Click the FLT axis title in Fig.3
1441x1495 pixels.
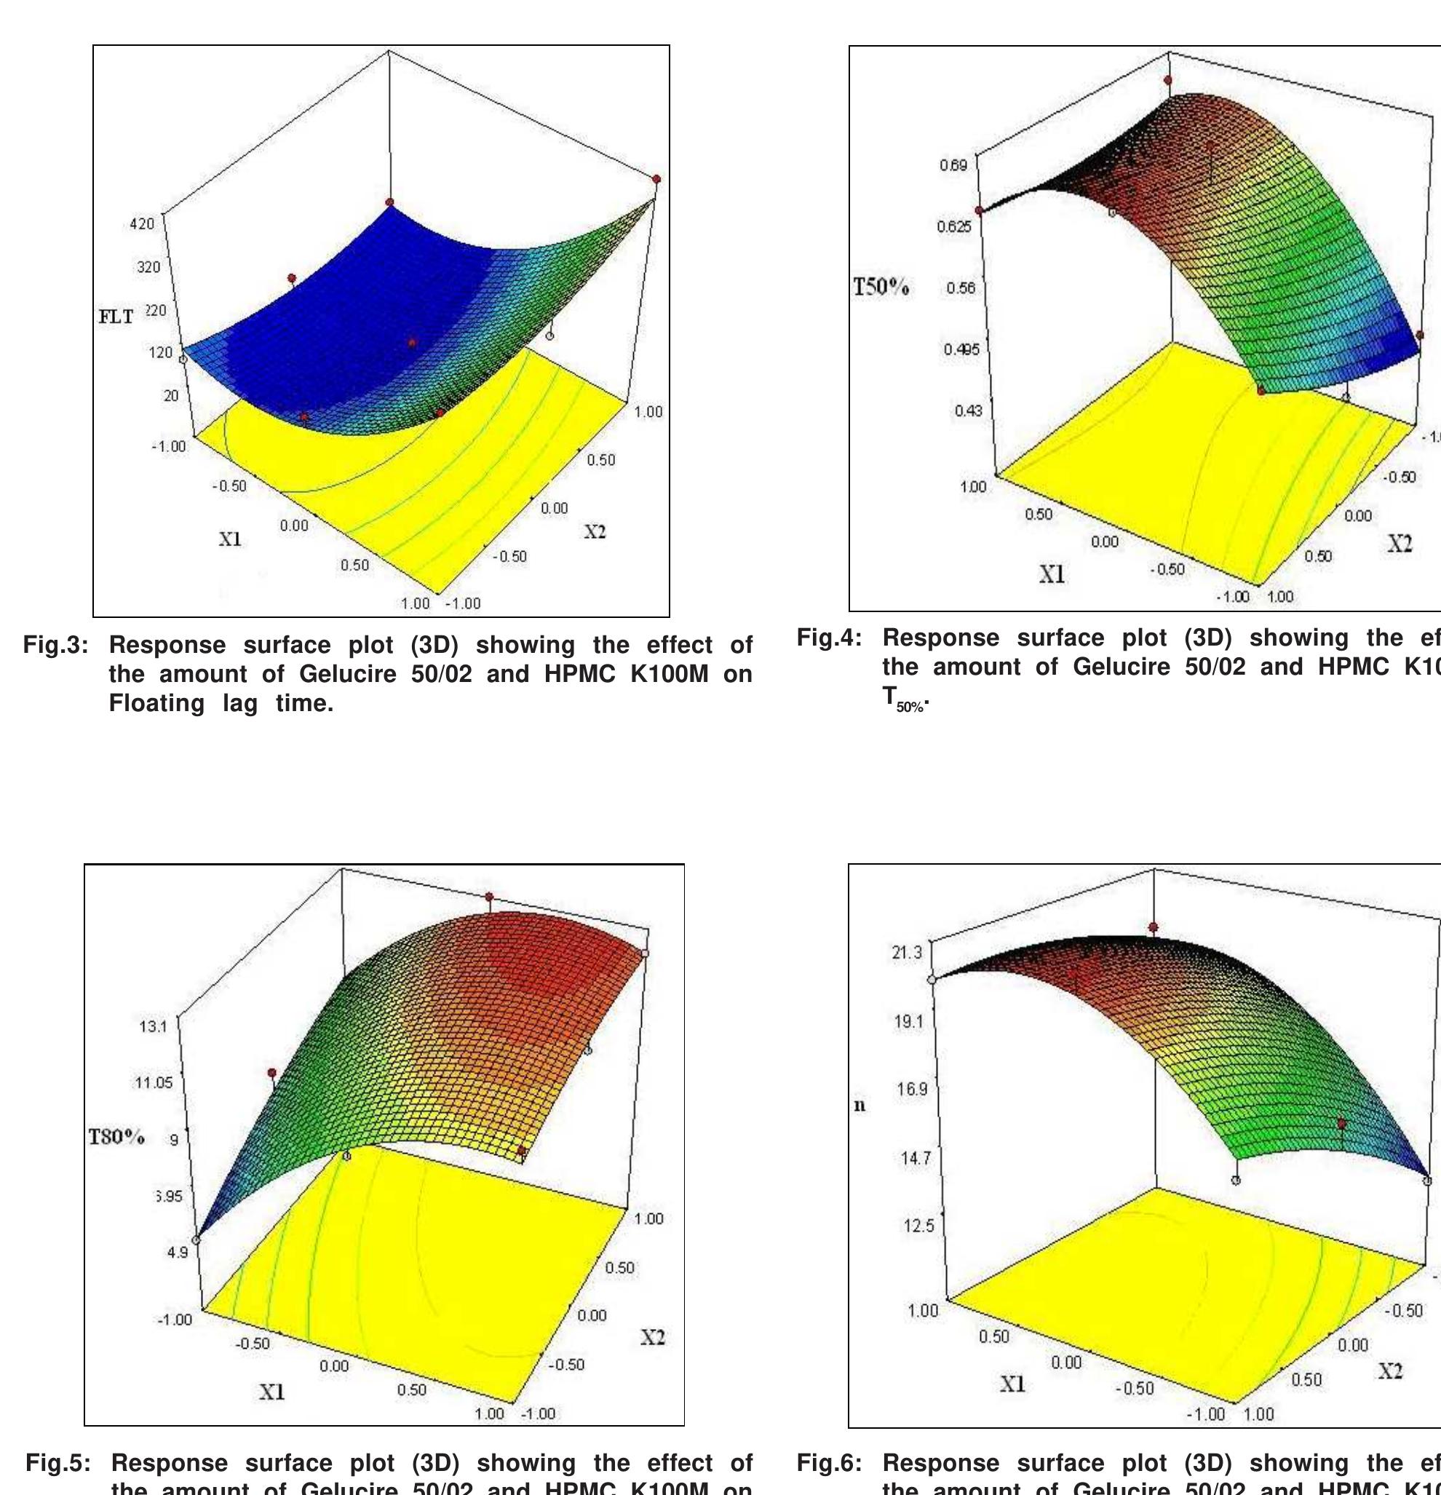pos(116,317)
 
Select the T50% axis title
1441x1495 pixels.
pos(881,287)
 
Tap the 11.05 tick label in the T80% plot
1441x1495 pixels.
pos(154,1082)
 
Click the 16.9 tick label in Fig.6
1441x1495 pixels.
pos(912,1088)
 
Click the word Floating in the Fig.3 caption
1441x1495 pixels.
pos(156,703)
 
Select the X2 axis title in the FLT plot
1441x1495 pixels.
pos(595,531)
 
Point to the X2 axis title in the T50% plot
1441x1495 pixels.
pos(1399,543)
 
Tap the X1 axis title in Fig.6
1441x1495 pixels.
pos(1012,1384)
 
